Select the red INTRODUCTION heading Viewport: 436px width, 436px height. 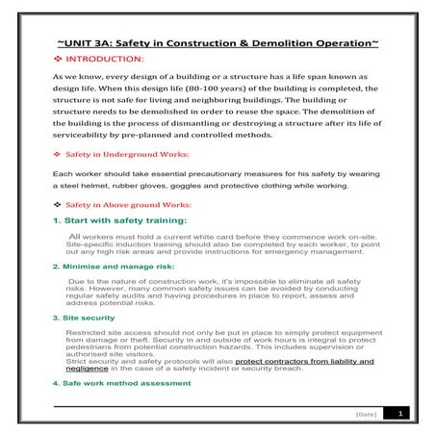tap(112, 60)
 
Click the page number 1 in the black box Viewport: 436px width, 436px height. tap(401, 413)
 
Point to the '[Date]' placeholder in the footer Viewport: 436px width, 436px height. tap(364, 414)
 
